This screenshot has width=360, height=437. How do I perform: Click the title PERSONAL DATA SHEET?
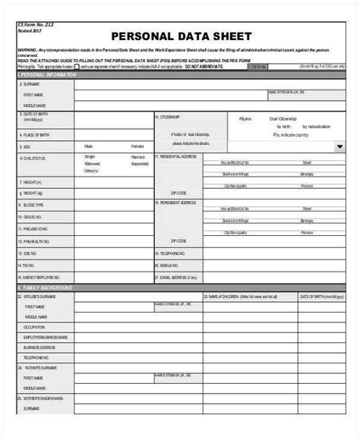click(182, 36)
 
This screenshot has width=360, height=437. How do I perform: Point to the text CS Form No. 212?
click(36, 24)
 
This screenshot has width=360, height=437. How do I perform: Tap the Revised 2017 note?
click(30, 30)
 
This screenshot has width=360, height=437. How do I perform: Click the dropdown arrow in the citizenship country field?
click(339, 146)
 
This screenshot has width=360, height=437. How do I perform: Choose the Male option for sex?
click(89, 146)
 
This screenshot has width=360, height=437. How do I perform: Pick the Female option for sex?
click(137, 146)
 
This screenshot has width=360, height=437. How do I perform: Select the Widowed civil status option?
click(92, 164)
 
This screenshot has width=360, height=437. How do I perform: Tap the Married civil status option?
click(139, 157)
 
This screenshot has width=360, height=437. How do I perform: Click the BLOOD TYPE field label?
click(34, 205)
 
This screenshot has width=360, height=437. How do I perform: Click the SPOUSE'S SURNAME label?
click(39, 297)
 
